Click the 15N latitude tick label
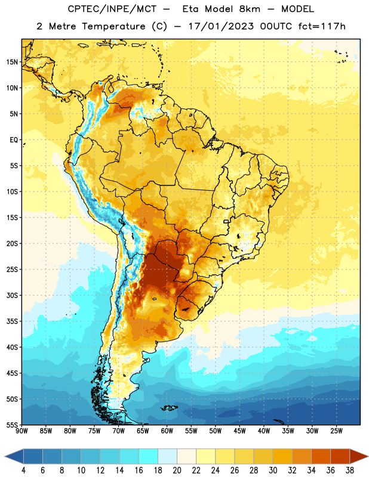[12, 62]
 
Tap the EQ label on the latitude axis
[14, 140]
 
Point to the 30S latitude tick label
[12, 295]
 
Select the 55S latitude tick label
[12, 425]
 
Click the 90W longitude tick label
[21, 431]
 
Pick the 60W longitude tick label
[167, 431]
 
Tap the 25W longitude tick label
[336, 431]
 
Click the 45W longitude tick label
[239, 431]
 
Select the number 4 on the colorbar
[23, 470]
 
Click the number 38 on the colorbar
[350, 470]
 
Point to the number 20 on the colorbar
[177, 470]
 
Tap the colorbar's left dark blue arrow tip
[5, 457]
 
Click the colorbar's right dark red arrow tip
[368, 457]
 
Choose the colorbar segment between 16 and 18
[148, 457]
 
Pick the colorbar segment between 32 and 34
[302, 457]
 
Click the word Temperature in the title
[113, 26]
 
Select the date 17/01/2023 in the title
[221, 26]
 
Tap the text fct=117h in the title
[322, 26]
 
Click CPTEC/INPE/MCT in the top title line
[112, 9]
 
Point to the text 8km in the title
[250, 9]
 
